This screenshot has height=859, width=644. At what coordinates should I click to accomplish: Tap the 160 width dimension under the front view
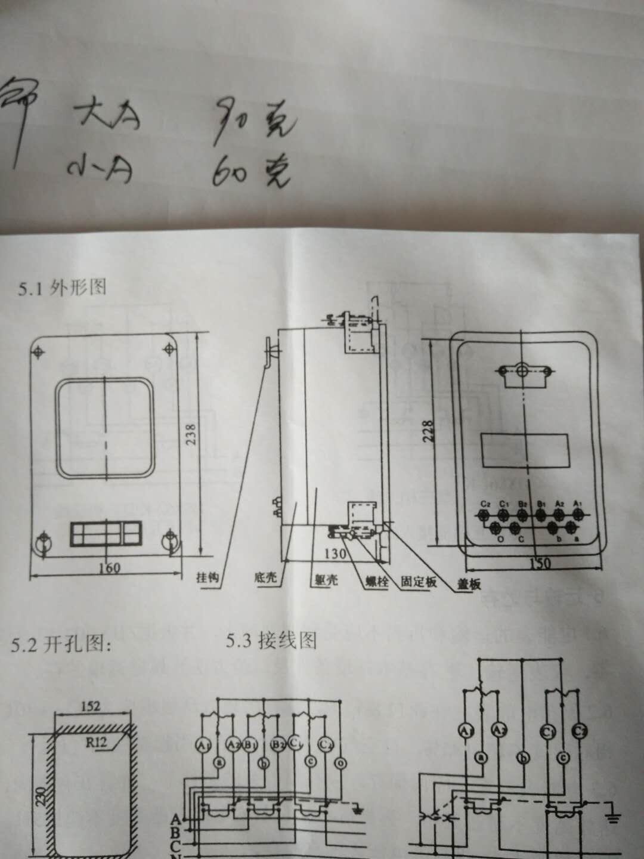click(109, 567)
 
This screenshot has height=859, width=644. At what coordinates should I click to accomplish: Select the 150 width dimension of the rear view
click(539, 563)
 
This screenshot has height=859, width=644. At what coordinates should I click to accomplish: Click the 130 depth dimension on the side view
click(335, 554)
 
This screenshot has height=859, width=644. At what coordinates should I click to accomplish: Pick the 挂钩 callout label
click(208, 577)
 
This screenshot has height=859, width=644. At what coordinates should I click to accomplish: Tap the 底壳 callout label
click(265, 577)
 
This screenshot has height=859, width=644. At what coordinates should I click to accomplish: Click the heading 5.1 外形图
click(62, 288)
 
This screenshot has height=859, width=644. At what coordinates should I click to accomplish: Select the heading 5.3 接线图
click(271, 641)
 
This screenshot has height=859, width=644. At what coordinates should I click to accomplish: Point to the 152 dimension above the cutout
click(90, 706)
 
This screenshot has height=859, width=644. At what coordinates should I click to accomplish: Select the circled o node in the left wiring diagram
click(339, 763)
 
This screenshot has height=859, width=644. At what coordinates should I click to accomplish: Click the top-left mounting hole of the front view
click(38, 352)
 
